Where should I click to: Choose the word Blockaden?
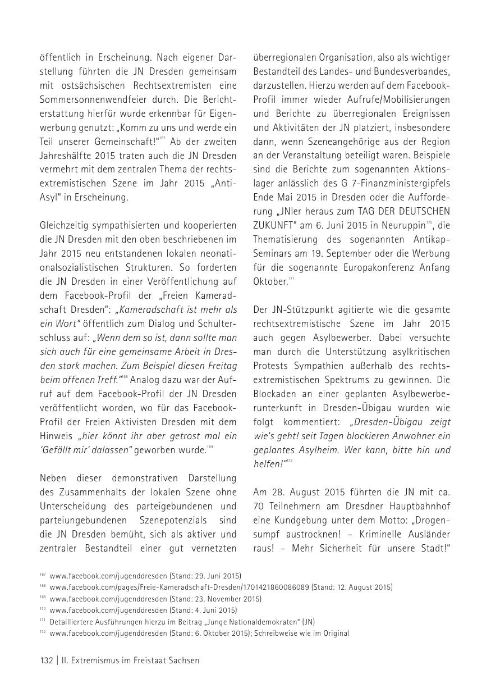pos(276,394)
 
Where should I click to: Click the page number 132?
pos(46,660)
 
